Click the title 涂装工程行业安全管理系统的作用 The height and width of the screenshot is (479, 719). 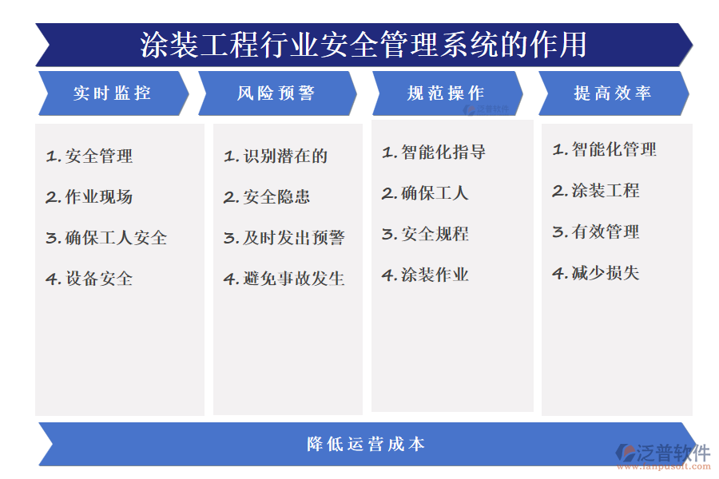coord(363,45)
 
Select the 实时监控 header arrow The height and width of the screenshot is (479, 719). coord(112,93)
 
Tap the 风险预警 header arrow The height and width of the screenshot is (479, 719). coord(276,93)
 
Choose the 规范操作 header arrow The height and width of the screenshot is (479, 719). coord(446,93)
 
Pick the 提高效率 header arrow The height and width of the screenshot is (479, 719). coord(613,93)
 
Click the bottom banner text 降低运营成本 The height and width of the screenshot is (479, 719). coord(366,444)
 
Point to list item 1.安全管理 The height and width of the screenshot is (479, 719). coord(89,156)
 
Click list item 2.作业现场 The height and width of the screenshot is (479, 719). coord(89,197)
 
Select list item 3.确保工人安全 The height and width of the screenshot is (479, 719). coord(106,238)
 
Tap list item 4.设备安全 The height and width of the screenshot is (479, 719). coord(89,279)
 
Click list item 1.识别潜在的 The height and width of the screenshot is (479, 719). coord(276,156)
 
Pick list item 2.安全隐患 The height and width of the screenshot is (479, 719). coord(267,197)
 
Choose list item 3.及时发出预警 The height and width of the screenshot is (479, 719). coord(284,238)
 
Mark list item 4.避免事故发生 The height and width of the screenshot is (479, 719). coord(284,279)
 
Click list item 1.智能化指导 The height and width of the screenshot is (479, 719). coord(434,152)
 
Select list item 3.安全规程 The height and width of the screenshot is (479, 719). coord(425,234)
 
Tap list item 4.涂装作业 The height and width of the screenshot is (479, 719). coord(425,275)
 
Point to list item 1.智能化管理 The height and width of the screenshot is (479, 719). coord(605,149)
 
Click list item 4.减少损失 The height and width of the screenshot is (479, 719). coord(596,273)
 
